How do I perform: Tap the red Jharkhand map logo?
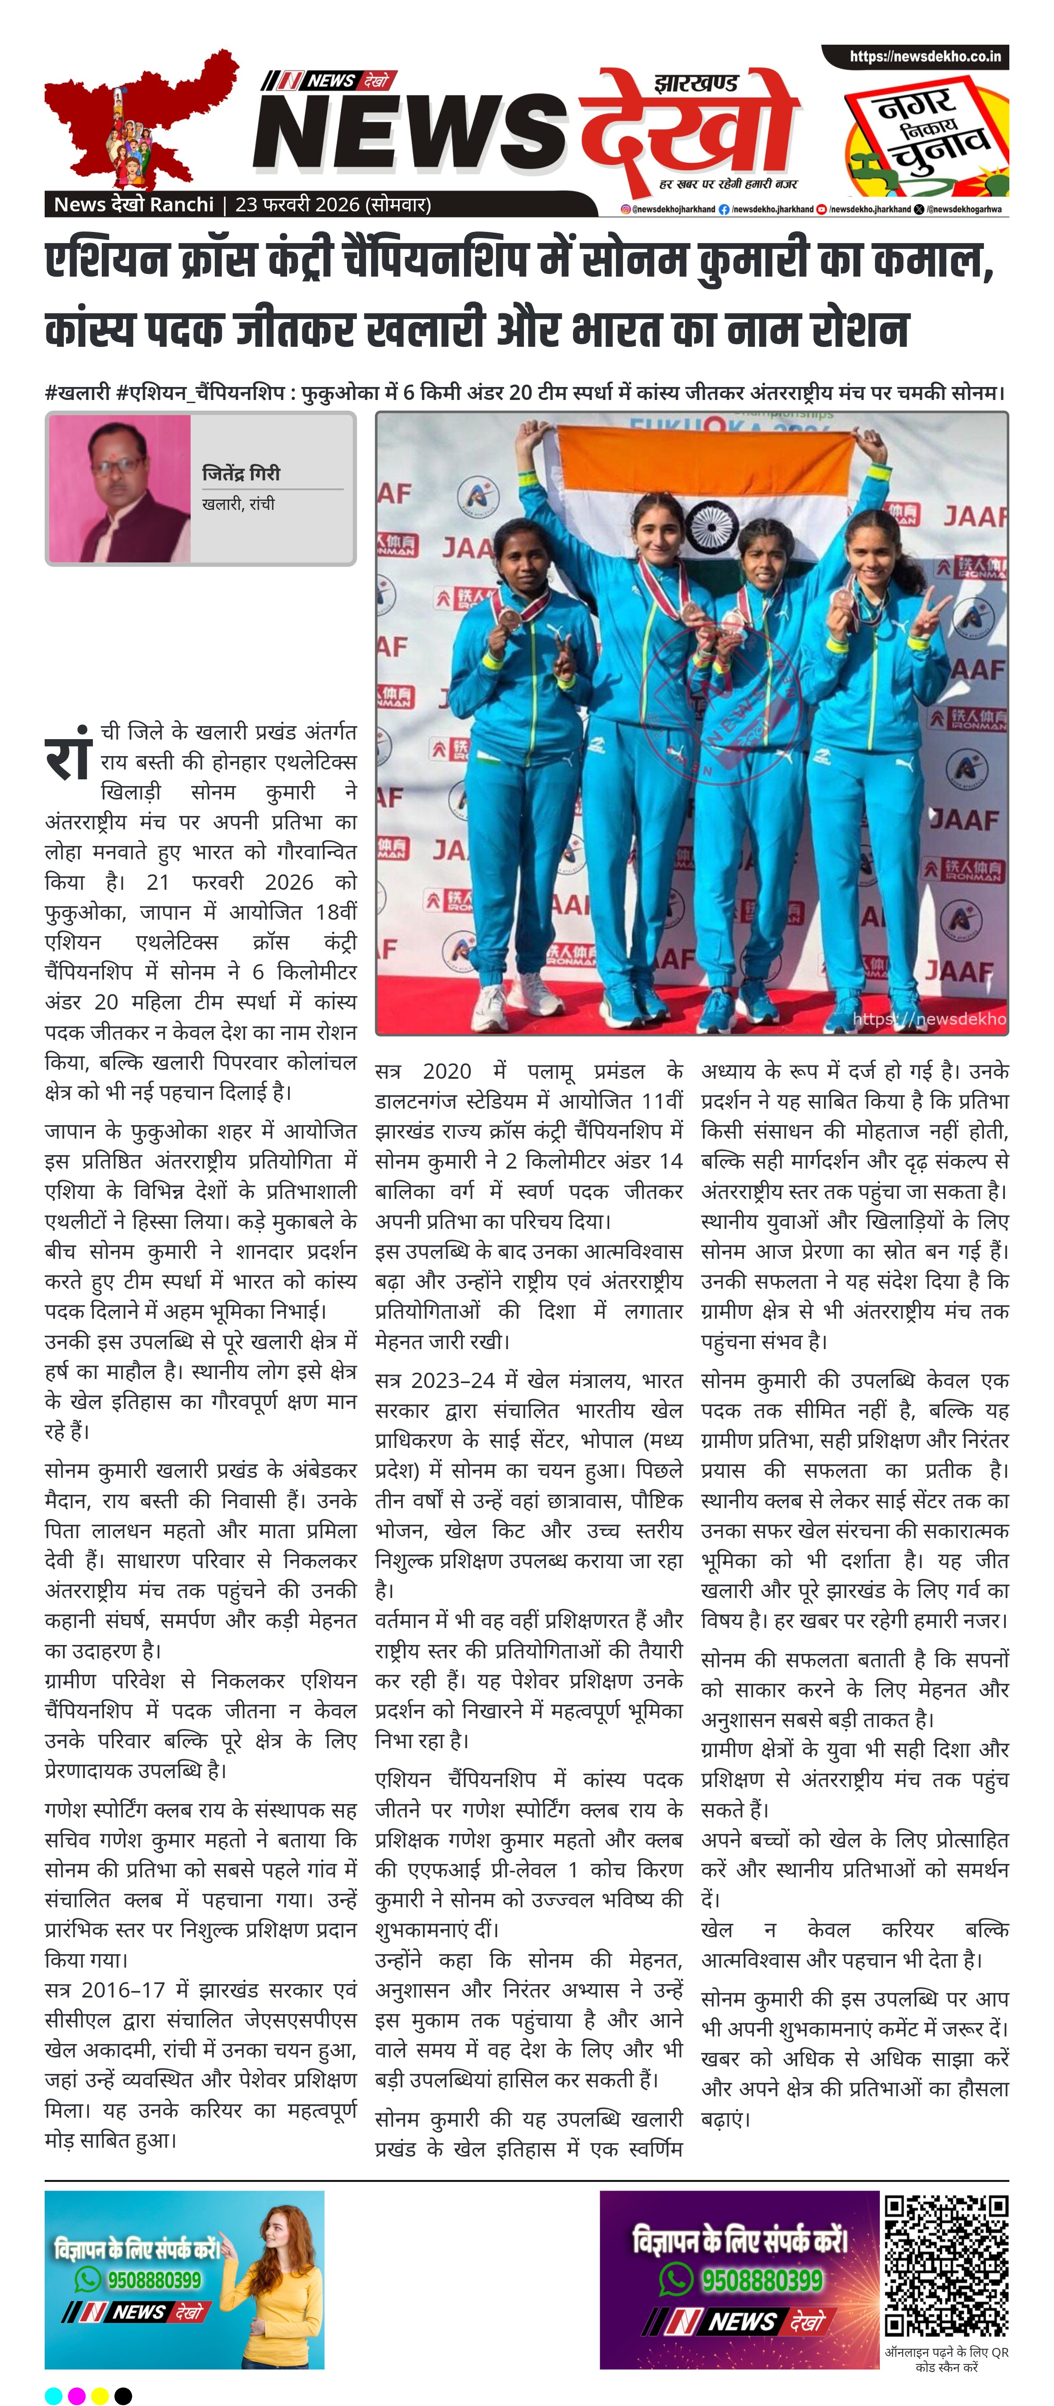(140, 122)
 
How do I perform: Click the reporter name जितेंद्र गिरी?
(241, 474)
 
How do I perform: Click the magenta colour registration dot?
(76, 2395)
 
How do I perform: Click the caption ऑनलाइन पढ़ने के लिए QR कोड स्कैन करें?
(946, 2358)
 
